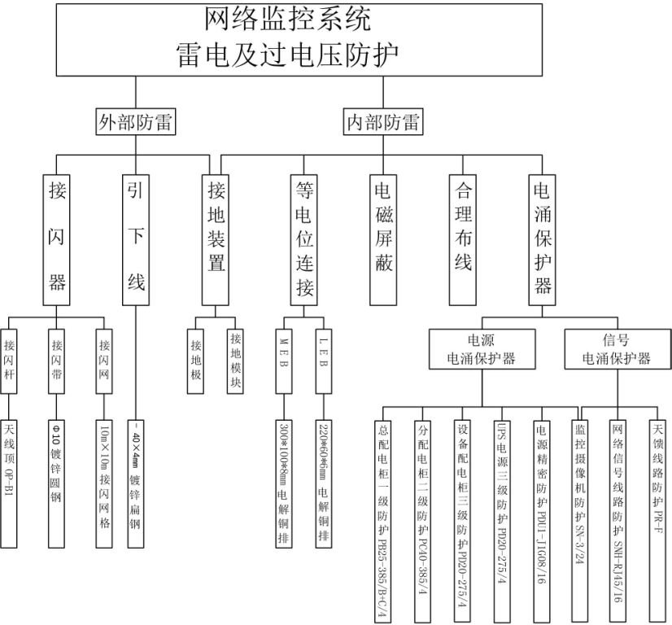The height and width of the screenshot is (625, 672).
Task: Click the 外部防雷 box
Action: pyautogui.click(x=136, y=123)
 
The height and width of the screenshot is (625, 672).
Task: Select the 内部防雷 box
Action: pyautogui.click(x=382, y=123)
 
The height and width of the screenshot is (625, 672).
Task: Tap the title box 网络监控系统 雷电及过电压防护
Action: pyautogui.click(x=299, y=38)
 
